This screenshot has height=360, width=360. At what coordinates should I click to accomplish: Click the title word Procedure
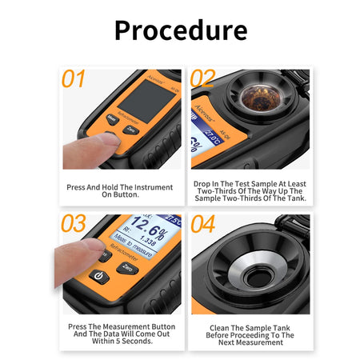click(180, 30)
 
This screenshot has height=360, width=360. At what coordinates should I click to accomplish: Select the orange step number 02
click(203, 79)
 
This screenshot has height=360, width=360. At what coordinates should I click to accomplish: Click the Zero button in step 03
click(128, 270)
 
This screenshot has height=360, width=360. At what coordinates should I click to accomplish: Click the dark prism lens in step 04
click(258, 277)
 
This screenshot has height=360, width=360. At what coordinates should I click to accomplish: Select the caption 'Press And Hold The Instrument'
click(120, 188)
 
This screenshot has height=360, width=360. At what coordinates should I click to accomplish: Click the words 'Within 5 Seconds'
click(120, 342)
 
